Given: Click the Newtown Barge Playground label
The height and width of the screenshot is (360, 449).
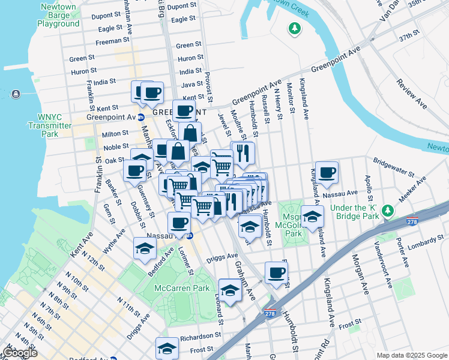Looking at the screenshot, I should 58,16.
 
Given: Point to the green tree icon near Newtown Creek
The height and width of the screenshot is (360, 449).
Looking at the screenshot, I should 294,28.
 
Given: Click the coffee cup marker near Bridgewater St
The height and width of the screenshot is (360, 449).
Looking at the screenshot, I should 327,173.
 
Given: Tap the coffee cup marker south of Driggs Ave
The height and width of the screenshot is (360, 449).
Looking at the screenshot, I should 276,273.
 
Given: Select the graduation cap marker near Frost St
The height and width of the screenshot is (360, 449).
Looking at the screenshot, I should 167,349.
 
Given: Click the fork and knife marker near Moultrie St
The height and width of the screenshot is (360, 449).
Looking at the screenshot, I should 243,153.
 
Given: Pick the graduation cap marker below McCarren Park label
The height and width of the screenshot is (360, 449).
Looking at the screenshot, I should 229,291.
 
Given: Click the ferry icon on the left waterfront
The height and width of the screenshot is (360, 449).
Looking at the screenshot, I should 15,94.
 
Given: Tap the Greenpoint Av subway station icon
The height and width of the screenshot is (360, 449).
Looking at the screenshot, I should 140,117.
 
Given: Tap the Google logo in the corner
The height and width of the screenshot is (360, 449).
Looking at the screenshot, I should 19,353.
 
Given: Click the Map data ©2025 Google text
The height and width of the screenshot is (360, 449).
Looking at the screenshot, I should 412,355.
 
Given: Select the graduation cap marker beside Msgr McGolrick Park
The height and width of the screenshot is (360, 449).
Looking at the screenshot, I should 312,217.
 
